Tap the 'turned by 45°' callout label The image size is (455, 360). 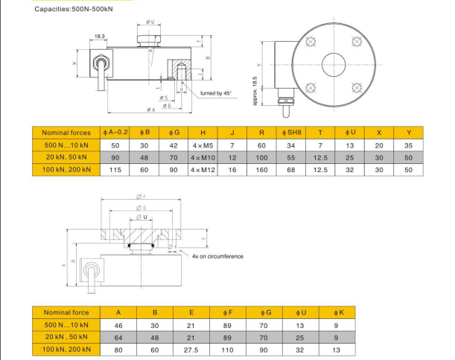[216, 93]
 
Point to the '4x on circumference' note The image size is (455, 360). [217, 256]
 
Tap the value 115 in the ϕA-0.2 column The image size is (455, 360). [115, 170]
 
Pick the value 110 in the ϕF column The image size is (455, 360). [229, 349]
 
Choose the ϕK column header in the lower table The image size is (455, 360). [337, 312]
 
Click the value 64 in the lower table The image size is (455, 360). [118, 337]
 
